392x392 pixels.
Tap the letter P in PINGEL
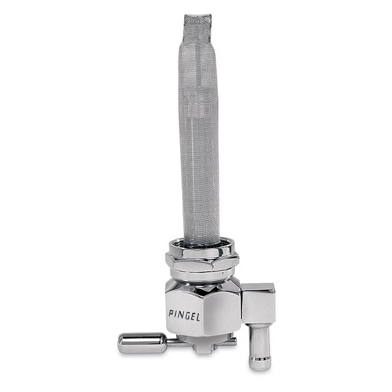point(171,313)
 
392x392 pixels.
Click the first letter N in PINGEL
point(181,314)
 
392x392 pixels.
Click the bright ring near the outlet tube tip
point(260,360)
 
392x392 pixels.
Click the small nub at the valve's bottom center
point(202,349)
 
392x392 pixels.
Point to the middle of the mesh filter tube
point(199,131)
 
